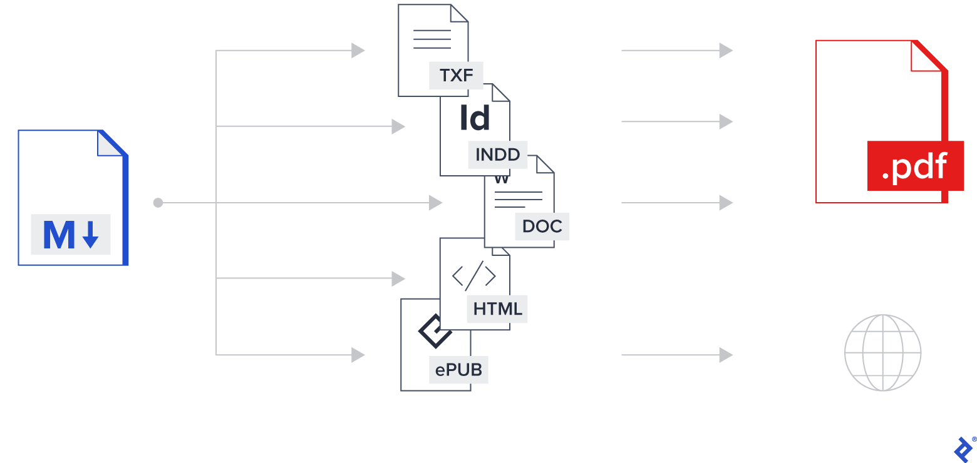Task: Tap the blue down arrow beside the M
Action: [91, 235]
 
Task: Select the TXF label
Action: [457, 76]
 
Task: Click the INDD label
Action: [498, 155]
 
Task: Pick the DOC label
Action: [542, 226]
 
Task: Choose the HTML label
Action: [497, 309]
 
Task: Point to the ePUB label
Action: [459, 370]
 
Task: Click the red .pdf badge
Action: [914, 166]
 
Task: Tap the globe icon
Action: [882, 353]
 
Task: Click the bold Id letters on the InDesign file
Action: [475, 118]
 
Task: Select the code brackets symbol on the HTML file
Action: [473, 276]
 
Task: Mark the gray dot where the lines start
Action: [158, 203]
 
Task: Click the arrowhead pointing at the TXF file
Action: [358, 50]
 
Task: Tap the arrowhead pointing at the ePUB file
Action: [358, 355]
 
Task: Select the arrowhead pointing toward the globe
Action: [726, 355]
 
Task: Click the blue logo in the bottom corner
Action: [963, 448]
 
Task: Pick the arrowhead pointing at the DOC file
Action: [436, 203]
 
